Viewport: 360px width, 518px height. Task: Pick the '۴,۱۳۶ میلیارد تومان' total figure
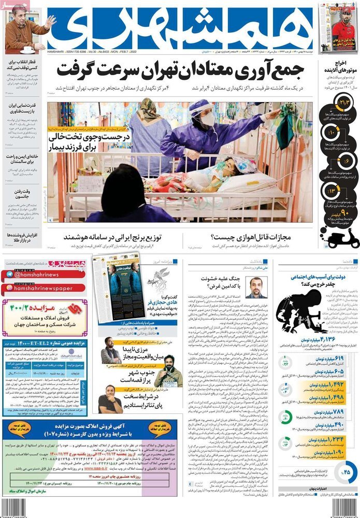326,339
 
